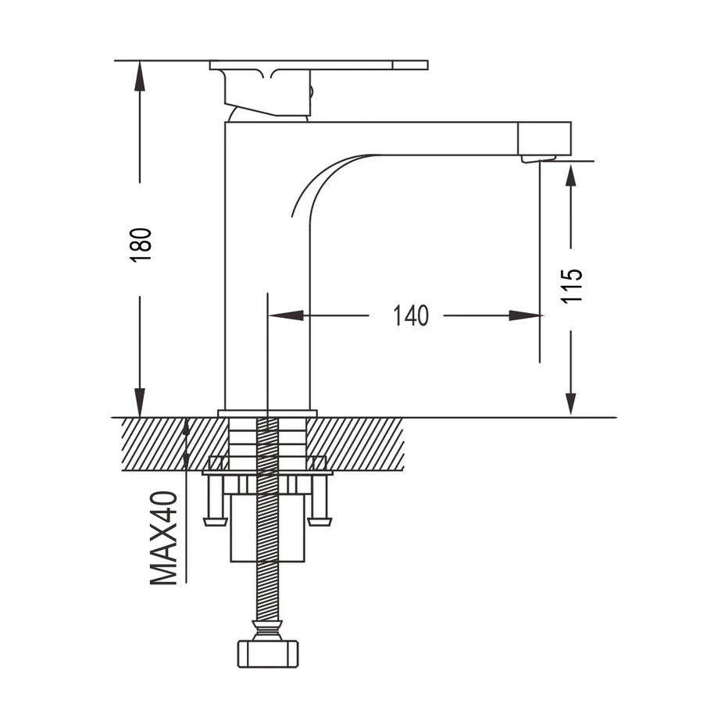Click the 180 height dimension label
[141, 245]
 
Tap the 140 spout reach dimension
[410, 316]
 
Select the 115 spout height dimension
[571, 286]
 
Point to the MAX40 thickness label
[163, 537]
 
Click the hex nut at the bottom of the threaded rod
[268, 654]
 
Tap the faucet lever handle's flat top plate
[319, 65]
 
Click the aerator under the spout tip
[537, 159]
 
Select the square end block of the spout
[544, 138]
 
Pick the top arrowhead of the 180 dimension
[139, 76]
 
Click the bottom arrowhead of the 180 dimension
[139, 402]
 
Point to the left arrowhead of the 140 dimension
[286, 316]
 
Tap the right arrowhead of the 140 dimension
[525, 316]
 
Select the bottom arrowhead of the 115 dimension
[571, 404]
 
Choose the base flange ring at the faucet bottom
[267, 413]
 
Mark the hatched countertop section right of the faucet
[355, 444]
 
